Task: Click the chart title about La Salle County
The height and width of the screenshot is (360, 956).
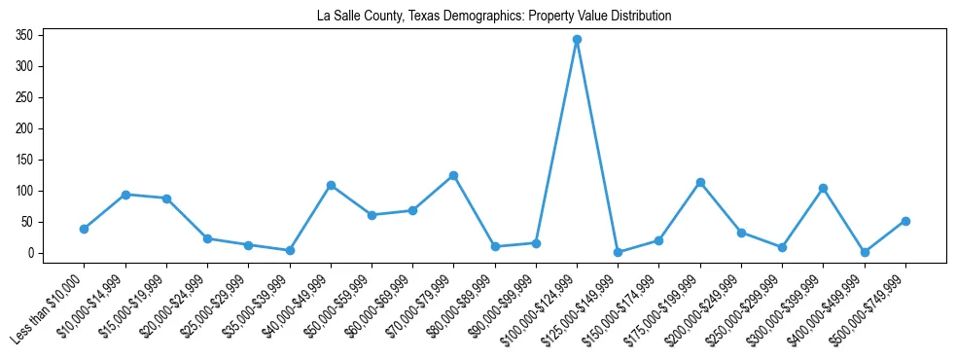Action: point(494,17)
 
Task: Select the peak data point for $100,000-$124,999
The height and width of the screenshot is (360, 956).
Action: point(577,40)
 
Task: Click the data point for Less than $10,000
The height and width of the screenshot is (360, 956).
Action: point(85,229)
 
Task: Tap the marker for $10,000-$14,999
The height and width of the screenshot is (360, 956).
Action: point(125,195)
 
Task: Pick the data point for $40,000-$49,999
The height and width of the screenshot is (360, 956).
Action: point(331,185)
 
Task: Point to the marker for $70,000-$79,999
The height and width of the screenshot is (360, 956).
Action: point(453,176)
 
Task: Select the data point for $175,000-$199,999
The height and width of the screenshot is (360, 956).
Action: point(700,182)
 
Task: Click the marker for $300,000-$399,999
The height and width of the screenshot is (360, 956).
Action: point(823,188)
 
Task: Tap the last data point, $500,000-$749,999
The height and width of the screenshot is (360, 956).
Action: point(905,221)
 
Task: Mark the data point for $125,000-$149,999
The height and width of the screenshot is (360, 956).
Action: point(618,252)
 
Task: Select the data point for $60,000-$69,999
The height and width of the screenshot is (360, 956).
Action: point(412,210)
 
